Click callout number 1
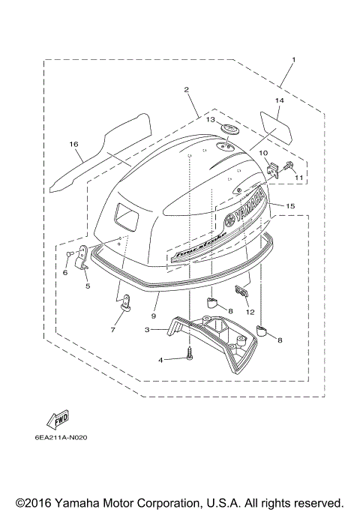coord(293,59)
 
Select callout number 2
coord(185,89)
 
